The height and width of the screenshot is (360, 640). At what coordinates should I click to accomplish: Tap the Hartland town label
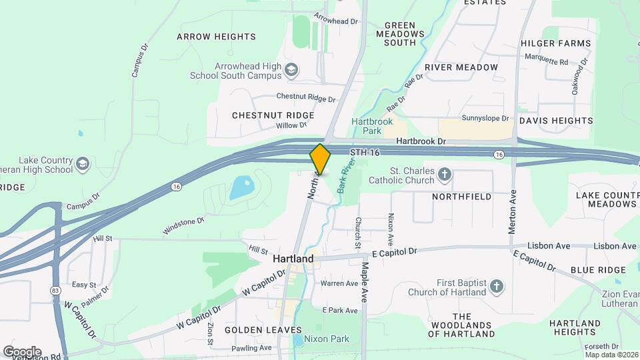[x=293, y=259]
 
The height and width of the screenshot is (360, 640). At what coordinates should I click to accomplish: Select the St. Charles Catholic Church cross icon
[x=445, y=175]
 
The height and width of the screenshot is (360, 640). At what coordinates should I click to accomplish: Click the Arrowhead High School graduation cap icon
[x=291, y=70]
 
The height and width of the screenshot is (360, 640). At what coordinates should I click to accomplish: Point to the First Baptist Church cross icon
[x=495, y=287]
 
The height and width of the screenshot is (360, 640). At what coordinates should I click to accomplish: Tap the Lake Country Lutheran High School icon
[x=82, y=164]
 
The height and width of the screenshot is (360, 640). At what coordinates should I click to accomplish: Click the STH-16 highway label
[x=365, y=153]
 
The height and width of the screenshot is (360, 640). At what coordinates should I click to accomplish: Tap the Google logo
[x=22, y=351]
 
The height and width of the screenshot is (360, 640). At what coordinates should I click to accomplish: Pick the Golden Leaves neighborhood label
[x=263, y=330]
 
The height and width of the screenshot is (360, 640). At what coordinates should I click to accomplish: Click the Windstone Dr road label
[x=183, y=224]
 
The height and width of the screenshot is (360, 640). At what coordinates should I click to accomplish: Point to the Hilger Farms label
[x=555, y=43]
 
